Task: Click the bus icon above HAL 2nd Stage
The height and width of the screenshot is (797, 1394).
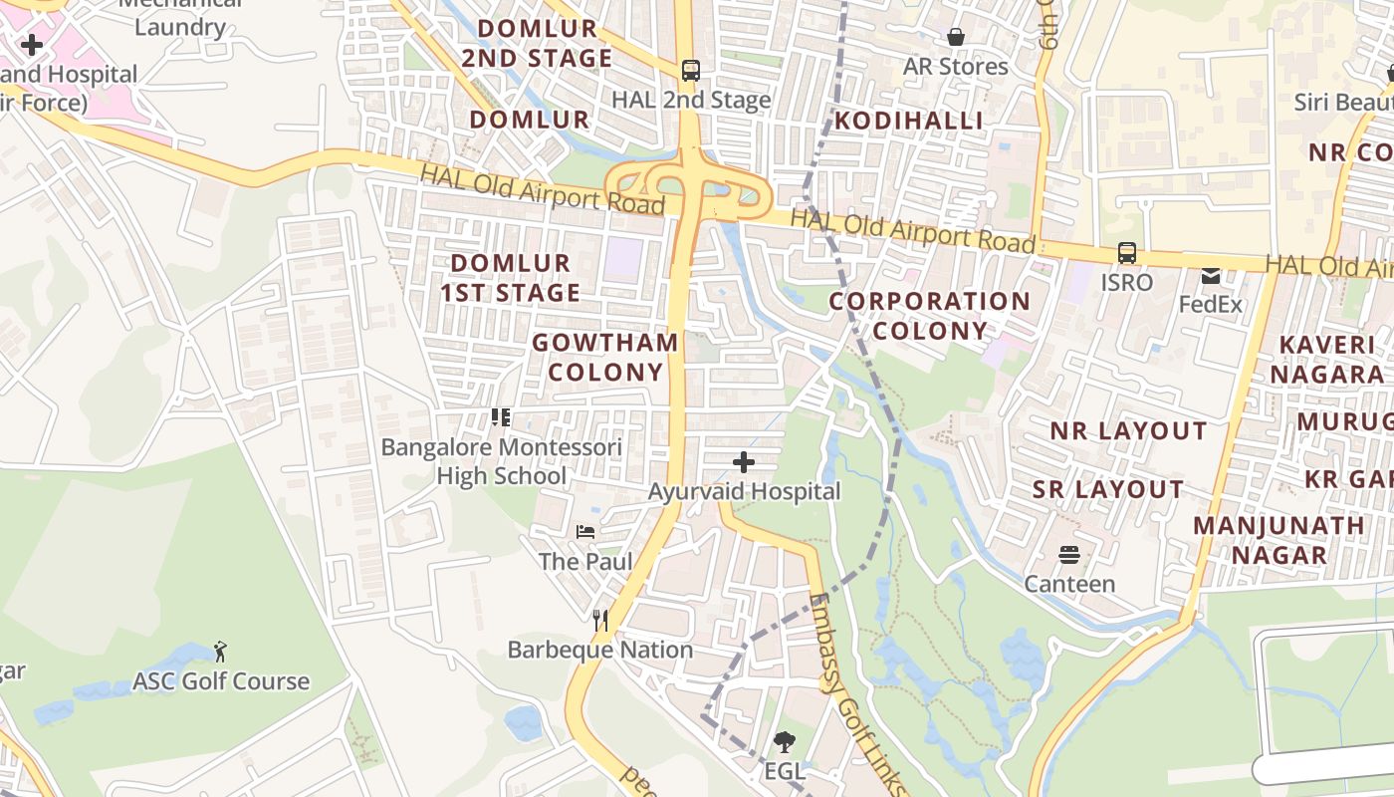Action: (x=690, y=71)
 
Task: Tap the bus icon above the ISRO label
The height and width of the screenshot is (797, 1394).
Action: (x=1126, y=253)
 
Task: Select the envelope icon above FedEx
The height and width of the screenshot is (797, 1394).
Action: (x=1211, y=276)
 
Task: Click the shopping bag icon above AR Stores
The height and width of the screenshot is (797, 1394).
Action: (x=956, y=37)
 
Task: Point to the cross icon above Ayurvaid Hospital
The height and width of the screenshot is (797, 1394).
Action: (x=744, y=462)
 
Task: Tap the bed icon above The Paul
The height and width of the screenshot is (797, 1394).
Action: (x=585, y=532)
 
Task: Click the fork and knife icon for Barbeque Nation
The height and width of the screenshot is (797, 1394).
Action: (x=599, y=621)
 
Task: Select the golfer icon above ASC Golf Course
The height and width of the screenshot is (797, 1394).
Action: (x=221, y=652)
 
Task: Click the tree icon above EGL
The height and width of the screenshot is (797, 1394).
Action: (x=785, y=741)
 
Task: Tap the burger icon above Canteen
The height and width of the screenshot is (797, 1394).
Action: (x=1069, y=554)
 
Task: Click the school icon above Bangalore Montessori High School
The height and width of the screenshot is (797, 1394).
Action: (x=501, y=417)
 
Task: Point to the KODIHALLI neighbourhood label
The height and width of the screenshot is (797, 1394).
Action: (x=908, y=121)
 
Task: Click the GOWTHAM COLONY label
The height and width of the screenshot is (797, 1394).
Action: (x=605, y=358)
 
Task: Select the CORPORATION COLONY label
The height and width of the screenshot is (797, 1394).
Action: (x=930, y=316)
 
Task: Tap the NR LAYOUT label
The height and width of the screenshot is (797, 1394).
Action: (x=1128, y=431)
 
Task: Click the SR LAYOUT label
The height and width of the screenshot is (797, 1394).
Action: (x=1107, y=490)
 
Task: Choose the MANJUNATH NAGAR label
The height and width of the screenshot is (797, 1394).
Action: (x=1278, y=540)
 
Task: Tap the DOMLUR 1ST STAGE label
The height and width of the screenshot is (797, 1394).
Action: (x=511, y=278)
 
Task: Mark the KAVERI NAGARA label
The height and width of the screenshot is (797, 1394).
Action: (x=1331, y=360)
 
